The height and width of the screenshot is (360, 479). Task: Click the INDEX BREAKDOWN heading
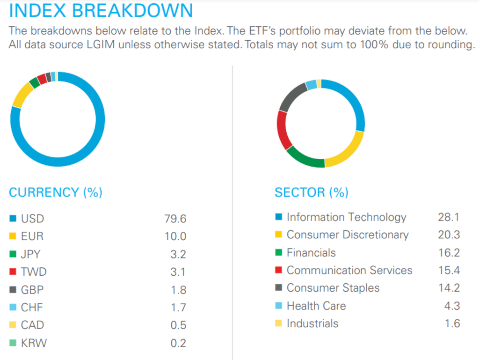click(101, 11)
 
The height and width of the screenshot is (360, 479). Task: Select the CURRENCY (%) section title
click(56, 192)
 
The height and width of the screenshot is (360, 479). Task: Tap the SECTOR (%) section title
click(312, 192)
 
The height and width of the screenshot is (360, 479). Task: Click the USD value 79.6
click(175, 219)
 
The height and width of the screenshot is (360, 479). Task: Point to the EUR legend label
click(32, 236)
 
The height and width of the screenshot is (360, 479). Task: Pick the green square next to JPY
click(13, 255)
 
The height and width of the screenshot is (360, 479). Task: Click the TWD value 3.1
click(178, 272)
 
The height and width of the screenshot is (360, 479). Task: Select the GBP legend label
click(33, 290)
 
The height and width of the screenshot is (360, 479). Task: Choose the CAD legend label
click(33, 325)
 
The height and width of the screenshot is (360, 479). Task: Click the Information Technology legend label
click(346, 217)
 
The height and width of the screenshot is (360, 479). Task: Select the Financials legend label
click(311, 253)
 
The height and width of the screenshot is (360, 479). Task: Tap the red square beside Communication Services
click(279, 271)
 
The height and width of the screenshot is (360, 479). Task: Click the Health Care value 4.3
click(451, 306)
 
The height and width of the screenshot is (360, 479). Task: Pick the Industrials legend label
click(312, 323)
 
